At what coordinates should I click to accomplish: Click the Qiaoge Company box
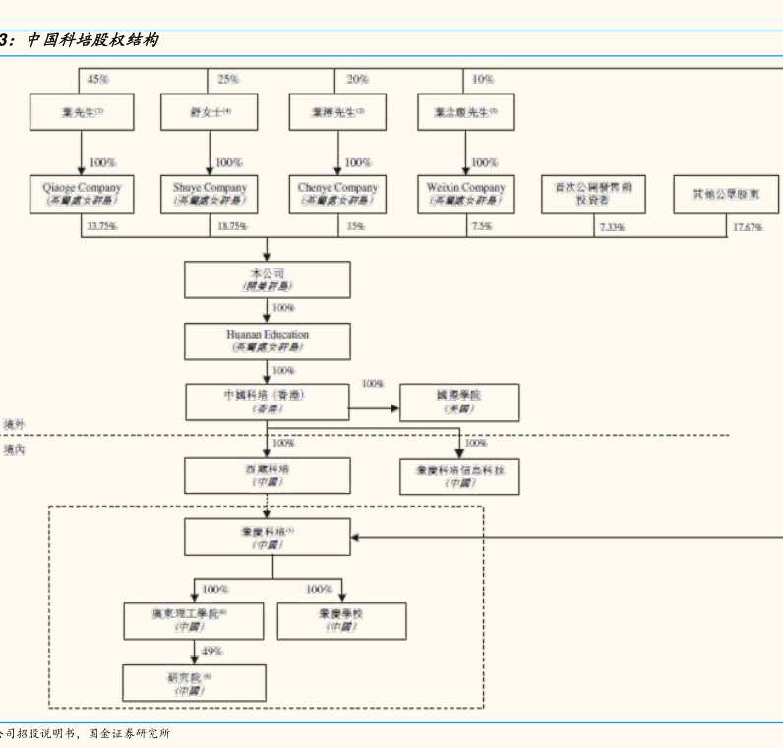[x=82, y=193]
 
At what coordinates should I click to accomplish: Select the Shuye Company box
[x=210, y=193]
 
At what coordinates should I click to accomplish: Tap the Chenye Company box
[x=337, y=193]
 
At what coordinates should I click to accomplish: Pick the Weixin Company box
[x=465, y=193]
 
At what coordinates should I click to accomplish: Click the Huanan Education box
[x=267, y=341]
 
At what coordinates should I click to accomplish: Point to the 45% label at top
[x=98, y=79]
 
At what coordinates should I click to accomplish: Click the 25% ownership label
[x=228, y=79]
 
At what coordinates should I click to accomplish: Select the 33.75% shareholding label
[x=102, y=227]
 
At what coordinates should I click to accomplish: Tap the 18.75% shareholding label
[x=232, y=227]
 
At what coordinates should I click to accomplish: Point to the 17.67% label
[x=748, y=227]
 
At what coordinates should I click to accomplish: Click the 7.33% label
[x=611, y=227]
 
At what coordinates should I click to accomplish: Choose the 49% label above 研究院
[x=212, y=652]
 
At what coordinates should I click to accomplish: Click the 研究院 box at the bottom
[x=194, y=683]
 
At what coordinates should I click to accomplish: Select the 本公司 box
[x=267, y=279]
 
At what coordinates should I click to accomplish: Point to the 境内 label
[x=14, y=450]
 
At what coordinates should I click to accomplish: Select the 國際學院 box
[x=459, y=402]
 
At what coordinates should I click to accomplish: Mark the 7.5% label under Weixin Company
[x=482, y=227]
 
